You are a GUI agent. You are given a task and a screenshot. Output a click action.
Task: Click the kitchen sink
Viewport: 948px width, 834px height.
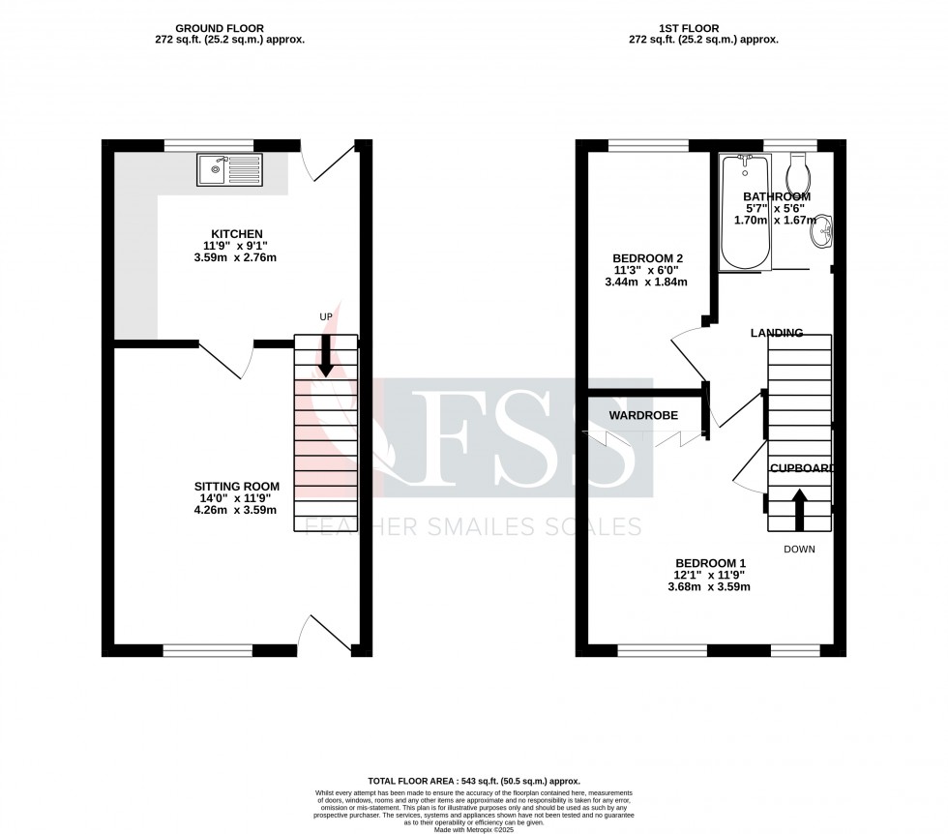click(228, 170)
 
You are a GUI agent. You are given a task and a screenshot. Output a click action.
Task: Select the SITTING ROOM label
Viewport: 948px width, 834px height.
click(237, 486)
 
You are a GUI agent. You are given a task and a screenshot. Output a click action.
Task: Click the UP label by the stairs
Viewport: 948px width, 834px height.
click(327, 316)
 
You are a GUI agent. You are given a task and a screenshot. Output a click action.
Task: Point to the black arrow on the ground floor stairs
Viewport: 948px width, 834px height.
click(326, 355)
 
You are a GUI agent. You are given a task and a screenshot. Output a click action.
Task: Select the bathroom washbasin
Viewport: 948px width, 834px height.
click(824, 230)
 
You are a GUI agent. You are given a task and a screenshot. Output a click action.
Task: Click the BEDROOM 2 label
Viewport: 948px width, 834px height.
click(648, 257)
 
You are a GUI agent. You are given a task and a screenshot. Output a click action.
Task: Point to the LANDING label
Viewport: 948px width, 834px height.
click(777, 333)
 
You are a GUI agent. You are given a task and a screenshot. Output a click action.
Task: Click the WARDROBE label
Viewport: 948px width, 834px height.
click(642, 415)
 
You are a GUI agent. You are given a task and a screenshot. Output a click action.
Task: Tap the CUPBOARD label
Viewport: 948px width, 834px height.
click(802, 468)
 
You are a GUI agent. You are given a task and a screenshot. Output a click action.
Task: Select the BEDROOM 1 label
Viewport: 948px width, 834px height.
click(710, 562)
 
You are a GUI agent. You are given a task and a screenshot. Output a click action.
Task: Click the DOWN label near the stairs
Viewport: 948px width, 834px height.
click(799, 549)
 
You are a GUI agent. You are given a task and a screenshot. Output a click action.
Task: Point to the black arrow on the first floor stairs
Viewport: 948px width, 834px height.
click(799, 509)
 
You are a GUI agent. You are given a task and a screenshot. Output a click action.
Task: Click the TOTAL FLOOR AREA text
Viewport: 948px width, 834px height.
click(474, 781)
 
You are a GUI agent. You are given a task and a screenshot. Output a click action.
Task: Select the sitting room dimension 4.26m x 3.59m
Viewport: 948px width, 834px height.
click(237, 510)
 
